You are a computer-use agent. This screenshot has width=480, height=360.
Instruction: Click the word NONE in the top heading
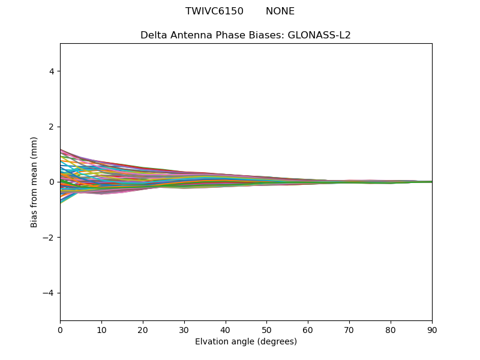pyautogui.click(x=280, y=11)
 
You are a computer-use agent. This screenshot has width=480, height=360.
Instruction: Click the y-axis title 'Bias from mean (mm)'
pyautogui.click(x=34, y=182)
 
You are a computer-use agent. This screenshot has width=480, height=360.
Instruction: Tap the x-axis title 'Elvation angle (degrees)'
pyautogui.click(x=246, y=342)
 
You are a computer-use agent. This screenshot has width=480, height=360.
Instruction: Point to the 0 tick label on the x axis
pyautogui.click(x=60, y=329)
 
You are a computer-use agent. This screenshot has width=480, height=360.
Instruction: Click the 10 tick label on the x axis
pyautogui.click(x=101, y=329)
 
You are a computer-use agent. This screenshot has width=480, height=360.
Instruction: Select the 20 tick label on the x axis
pyautogui.click(x=143, y=329)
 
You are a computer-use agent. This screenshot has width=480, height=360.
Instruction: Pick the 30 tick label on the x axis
pyautogui.click(x=184, y=329)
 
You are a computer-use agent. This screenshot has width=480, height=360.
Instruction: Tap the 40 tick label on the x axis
pyautogui.click(x=226, y=329)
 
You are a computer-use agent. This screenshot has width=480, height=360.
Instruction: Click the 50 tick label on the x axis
pyautogui.click(x=266, y=329)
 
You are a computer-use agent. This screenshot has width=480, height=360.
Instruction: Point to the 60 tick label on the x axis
pyautogui.click(x=308, y=329)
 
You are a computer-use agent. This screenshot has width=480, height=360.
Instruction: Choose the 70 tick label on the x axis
pyautogui.click(x=349, y=329)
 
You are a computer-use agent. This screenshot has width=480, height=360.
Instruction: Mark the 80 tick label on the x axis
pyautogui.click(x=391, y=329)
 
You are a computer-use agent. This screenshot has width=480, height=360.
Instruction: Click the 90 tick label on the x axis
pyautogui.click(x=432, y=329)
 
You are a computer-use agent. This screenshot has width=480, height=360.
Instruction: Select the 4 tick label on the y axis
pyautogui.click(x=52, y=71)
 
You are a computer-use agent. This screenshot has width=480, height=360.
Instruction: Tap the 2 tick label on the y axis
pyautogui.click(x=52, y=127)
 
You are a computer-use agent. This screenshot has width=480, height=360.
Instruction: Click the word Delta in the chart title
pyautogui.click(x=152, y=35)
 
